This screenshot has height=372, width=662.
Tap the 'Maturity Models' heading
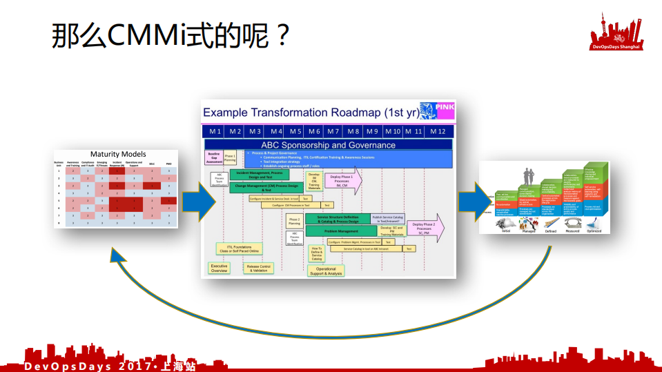coord(118,154)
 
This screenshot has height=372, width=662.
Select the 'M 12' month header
coord(438,130)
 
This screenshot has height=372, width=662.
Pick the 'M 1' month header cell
coord(215,130)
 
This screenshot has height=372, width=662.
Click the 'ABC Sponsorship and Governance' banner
coord(328,145)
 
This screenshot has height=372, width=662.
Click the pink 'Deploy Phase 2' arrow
coord(425,228)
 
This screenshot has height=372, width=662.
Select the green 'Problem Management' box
coord(341,231)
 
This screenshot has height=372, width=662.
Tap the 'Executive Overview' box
coord(219,268)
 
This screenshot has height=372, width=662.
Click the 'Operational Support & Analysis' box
coord(326,271)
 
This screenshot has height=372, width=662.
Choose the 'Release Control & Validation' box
coord(258,268)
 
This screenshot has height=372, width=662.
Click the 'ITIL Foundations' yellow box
coord(239,248)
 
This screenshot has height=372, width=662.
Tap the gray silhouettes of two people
coord(532,175)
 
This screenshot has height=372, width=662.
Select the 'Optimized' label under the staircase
coord(593,231)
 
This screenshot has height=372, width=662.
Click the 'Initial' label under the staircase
coord(506,231)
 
